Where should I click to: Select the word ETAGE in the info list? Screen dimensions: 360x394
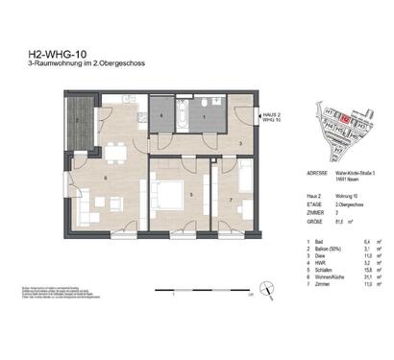(285, 204)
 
